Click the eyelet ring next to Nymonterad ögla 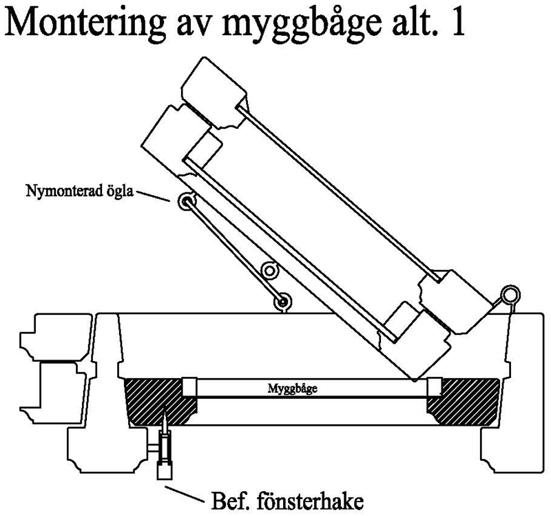tap(186, 202)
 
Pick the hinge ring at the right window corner tap(510, 295)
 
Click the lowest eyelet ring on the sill tap(281, 300)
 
